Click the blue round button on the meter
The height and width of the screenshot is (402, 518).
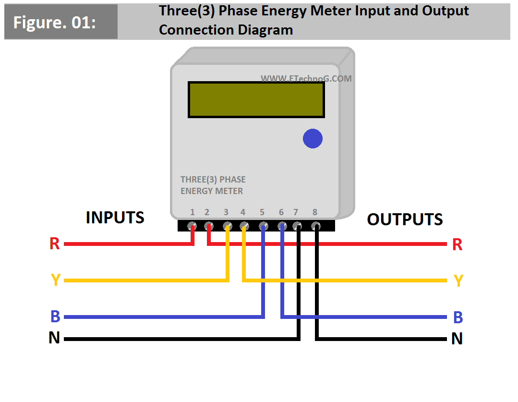[313, 139]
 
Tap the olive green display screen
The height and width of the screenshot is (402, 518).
[256, 99]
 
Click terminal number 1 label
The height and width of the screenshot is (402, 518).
[192, 212]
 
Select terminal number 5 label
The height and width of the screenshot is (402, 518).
[262, 212]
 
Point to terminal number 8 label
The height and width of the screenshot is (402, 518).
[315, 212]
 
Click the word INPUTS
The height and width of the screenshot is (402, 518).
[115, 218]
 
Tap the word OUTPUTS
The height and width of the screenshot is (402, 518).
[405, 219]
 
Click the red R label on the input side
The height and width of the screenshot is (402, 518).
[55, 244]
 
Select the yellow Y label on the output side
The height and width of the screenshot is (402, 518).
[458, 280]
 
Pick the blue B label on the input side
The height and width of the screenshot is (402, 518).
[55, 317]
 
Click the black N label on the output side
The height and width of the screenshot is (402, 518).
[457, 339]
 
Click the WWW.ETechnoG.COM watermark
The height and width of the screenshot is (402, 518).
[306, 78]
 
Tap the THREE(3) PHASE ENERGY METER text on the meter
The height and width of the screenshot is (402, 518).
[213, 185]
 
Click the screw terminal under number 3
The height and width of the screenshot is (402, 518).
[227, 225]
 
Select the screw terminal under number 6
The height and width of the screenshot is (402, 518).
[282, 225]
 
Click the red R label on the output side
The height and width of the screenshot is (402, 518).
[457, 244]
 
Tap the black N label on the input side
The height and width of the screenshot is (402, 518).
[54, 338]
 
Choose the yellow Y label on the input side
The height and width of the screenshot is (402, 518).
[55, 280]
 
